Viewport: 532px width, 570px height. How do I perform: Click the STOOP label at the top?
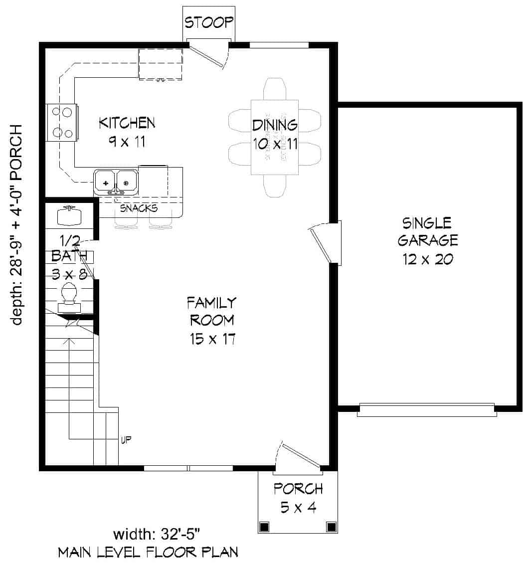[208, 22]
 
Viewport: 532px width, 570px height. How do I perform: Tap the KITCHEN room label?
[127, 132]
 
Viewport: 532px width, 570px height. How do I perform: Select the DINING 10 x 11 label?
[275, 134]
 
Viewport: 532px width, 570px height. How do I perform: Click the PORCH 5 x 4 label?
[298, 498]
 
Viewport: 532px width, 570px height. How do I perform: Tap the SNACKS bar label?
[140, 208]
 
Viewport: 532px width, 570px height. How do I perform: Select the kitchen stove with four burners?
[62, 122]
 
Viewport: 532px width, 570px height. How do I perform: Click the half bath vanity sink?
[69, 215]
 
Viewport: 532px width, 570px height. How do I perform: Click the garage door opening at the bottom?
[427, 410]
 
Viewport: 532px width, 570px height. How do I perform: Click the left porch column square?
[264, 527]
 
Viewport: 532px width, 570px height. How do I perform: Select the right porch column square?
[331, 527]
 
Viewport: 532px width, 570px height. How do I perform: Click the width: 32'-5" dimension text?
[157, 535]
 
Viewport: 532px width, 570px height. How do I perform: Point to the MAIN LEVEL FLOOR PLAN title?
[148, 553]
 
